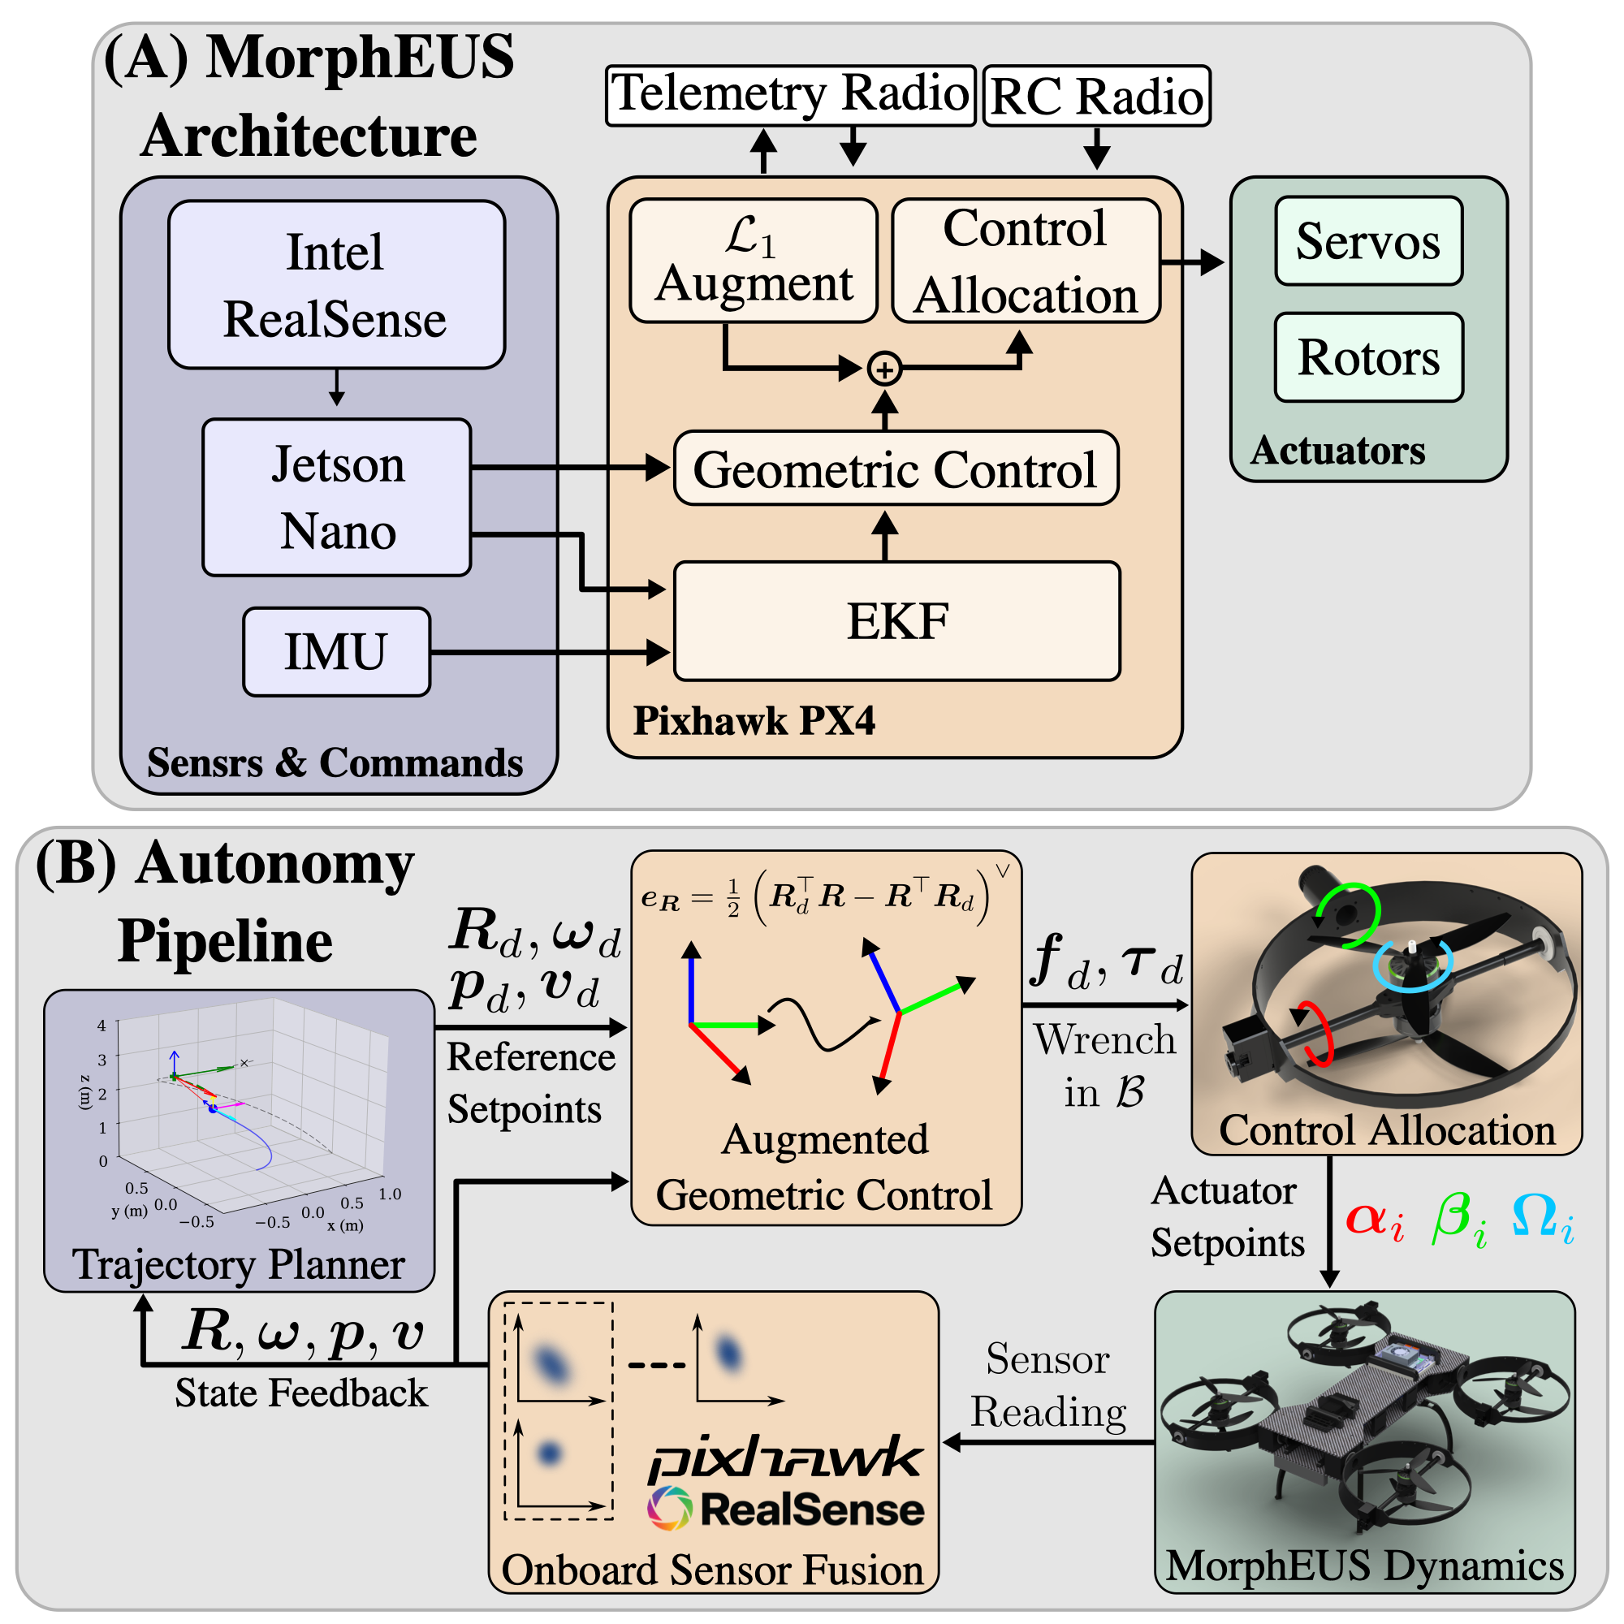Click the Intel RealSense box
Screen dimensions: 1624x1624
pos(336,284)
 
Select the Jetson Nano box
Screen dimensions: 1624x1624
pos(336,497)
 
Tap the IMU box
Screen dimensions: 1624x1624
pos(336,651)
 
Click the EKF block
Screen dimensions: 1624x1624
pos(897,621)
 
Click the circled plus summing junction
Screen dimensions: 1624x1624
pos(884,369)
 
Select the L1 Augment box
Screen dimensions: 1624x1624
pos(754,261)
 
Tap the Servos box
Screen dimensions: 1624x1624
pos(1367,241)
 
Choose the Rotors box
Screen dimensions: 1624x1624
pos(1367,357)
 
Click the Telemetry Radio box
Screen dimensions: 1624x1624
pos(789,94)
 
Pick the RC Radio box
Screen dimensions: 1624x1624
pos(1096,96)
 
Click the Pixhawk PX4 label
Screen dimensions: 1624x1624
pos(754,720)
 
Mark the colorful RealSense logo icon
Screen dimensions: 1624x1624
pos(669,1508)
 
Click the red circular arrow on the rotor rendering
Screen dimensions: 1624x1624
pos(1315,1034)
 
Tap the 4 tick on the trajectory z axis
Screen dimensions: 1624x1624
pos(101,1026)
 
